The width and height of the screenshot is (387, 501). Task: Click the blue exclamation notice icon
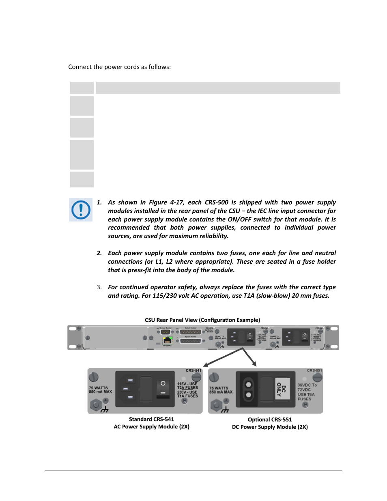(x=81, y=210)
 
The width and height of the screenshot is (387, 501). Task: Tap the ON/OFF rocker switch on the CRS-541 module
(x=163, y=388)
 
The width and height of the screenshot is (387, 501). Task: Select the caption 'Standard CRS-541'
(x=151, y=419)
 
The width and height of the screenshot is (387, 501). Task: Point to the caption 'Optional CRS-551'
(x=270, y=419)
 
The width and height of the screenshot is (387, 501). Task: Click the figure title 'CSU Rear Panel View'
(x=202, y=320)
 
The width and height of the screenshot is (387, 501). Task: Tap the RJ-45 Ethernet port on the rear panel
(x=167, y=340)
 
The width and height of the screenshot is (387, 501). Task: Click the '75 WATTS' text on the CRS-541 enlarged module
(x=99, y=388)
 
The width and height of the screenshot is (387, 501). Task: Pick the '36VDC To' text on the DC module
(x=307, y=385)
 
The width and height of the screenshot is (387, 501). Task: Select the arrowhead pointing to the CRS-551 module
(x=254, y=364)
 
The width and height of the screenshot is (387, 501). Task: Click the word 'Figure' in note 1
(x=158, y=202)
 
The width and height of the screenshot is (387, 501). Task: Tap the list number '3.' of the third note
(x=99, y=287)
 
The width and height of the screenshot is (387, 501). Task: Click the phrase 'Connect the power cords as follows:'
(x=119, y=67)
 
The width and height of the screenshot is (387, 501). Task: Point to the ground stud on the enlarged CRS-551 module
(x=216, y=404)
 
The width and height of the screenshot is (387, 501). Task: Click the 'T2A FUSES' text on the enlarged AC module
(x=187, y=388)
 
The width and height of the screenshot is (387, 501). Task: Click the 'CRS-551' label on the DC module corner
(x=314, y=370)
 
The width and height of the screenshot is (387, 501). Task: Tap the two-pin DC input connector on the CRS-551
(x=249, y=389)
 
